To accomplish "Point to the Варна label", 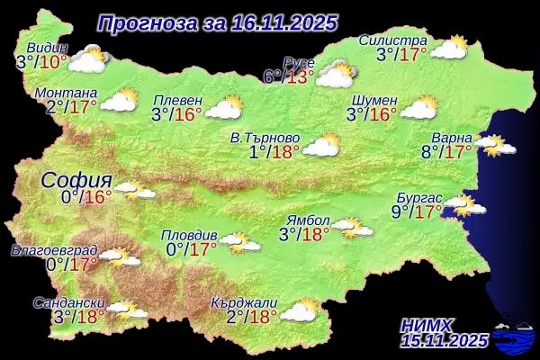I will point(451,137).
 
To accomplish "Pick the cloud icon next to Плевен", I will point(224,108).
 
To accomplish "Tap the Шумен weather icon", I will point(418,108).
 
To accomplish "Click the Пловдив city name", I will point(187,235).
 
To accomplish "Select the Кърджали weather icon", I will point(300,310).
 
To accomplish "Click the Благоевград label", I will point(49,249).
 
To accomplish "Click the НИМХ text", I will point(429,324).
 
